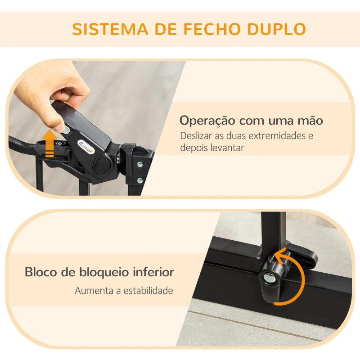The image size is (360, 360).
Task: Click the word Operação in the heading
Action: click(x=207, y=121)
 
